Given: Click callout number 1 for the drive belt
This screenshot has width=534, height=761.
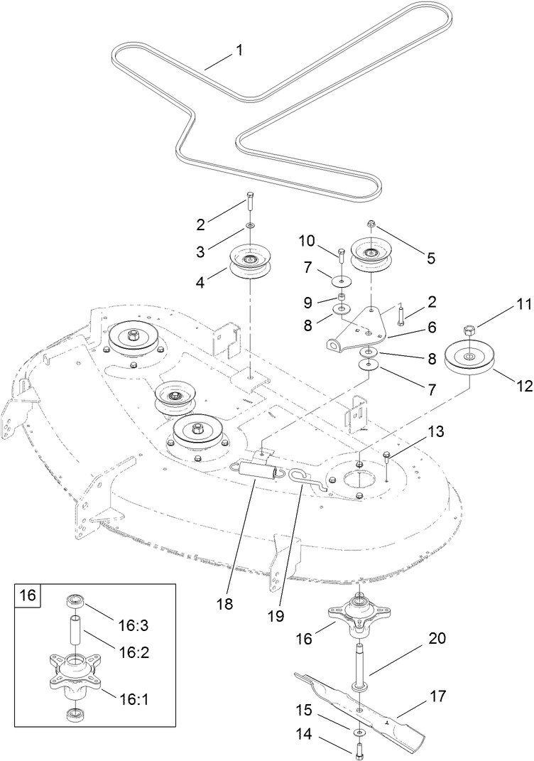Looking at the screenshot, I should click(239, 50).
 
